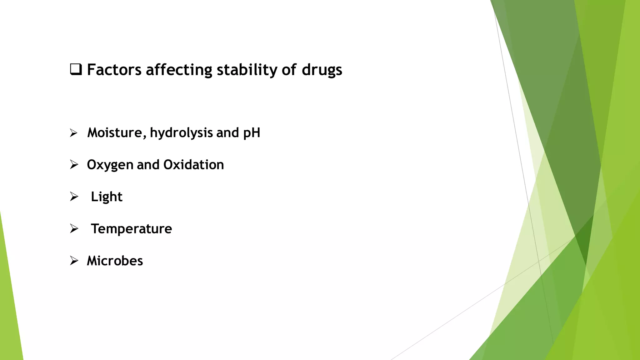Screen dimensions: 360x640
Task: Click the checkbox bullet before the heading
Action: click(x=76, y=69)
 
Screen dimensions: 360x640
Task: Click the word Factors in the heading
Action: click(x=114, y=70)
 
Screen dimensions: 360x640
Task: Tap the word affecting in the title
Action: click(x=179, y=70)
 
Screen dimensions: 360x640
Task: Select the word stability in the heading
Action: click(x=247, y=70)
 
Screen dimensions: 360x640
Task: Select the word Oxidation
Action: click(x=193, y=165)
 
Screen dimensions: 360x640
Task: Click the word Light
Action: click(x=107, y=197)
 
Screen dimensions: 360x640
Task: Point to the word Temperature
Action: click(x=131, y=229)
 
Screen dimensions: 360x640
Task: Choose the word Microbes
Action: click(x=115, y=261)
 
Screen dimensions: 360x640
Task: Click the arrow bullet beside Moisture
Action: click(x=74, y=133)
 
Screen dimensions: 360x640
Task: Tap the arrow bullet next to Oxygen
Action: click(x=74, y=165)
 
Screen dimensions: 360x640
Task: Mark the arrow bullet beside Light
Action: click(x=74, y=197)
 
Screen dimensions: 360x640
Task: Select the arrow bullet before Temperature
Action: click(x=74, y=229)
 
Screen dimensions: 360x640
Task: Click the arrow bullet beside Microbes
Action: click(x=74, y=261)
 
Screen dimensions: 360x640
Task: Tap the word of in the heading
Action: click(x=289, y=70)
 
